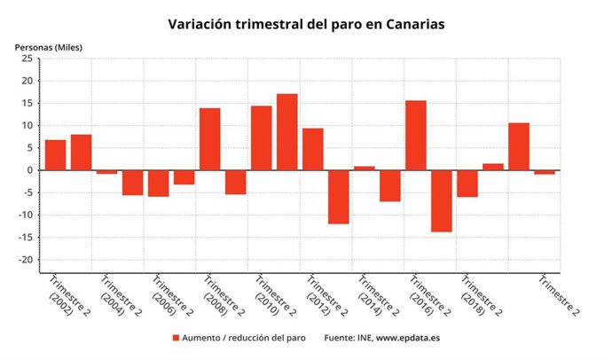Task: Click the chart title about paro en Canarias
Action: click(x=306, y=24)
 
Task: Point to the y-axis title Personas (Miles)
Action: click(x=48, y=46)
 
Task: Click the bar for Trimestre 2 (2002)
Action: click(x=55, y=155)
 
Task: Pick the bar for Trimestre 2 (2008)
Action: click(x=209, y=139)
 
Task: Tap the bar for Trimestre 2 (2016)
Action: click(x=415, y=136)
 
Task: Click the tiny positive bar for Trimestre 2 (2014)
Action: click(x=364, y=168)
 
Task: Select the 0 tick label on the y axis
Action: click(x=29, y=170)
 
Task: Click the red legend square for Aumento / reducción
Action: click(x=176, y=338)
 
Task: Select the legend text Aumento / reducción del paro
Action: click(x=243, y=338)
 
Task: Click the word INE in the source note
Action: click(x=363, y=338)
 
